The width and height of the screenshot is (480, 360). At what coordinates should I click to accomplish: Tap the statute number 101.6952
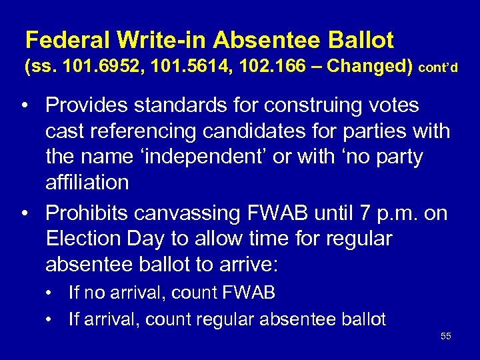pos(91,67)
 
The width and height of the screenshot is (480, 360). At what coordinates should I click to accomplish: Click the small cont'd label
pos(438,69)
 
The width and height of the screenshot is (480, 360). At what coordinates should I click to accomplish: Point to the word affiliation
pos(87,182)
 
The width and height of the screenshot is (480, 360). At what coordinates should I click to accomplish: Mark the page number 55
pos(446,336)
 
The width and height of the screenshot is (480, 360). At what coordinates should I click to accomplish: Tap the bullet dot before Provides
pos(23,106)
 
